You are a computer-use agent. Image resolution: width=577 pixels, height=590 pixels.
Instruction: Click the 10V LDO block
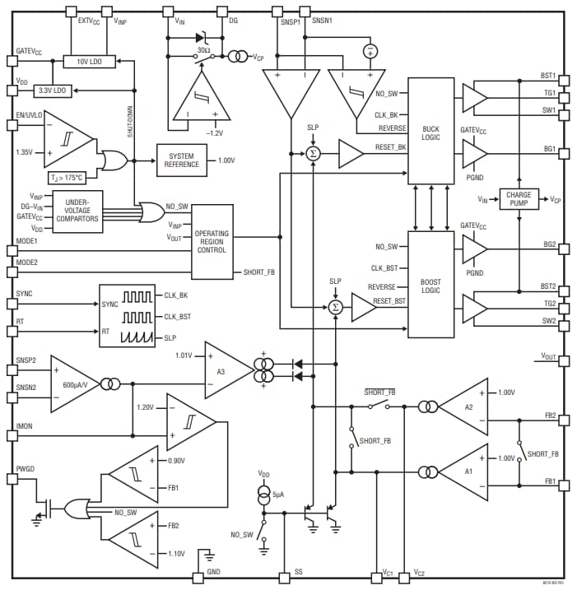point(89,63)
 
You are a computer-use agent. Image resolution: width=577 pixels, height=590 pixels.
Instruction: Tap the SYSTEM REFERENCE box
point(181,160)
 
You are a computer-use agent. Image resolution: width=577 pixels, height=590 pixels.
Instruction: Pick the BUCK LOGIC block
point(430,132)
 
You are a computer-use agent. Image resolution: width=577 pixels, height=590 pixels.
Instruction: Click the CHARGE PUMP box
point(519,200)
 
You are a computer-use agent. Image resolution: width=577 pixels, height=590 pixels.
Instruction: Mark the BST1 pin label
point(548,76)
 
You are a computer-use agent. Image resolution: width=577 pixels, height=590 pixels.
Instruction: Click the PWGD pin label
point(26,468)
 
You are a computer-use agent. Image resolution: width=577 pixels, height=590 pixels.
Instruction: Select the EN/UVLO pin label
point(29,115)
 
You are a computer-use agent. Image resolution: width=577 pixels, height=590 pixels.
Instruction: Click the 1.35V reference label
point(26,152)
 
